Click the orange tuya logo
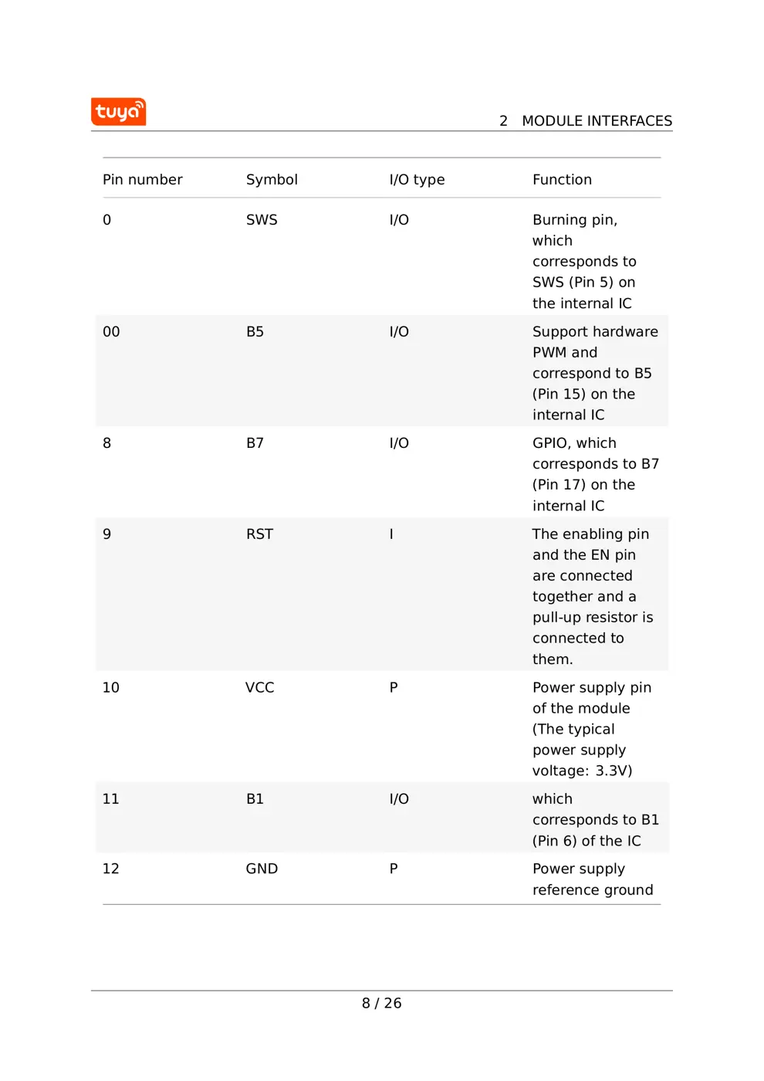(x=118, y=112)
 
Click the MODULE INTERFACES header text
(x=596, y=121)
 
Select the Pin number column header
(x=142, y=180)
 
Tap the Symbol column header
(x=272, y=180)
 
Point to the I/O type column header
(x=417, y=180)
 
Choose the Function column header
(x=562, y=180)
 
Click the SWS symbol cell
(x=262, y=220)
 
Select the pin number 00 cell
(x=111, y=332)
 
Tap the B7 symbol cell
(x=255, y=443)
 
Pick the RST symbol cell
(x=259, y=534)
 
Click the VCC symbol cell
(x=259, y=687)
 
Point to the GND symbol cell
(x=262, y=869)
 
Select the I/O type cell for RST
(x=391, y=534)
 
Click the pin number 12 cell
(x=110, y=869)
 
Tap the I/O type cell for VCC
(x=394, y=687)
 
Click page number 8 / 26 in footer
(x=381, y=1003)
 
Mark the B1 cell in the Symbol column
(x=255, y=799)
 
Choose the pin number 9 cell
(x=106, y=534)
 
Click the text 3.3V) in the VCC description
(x=614, y=771)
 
